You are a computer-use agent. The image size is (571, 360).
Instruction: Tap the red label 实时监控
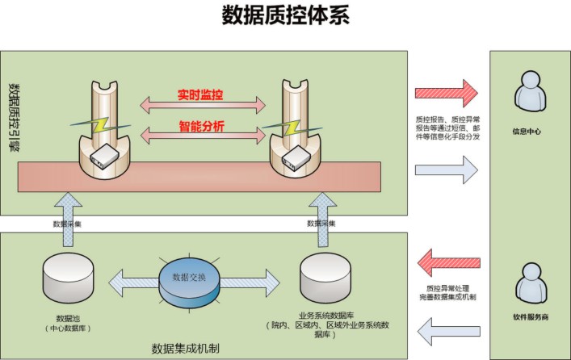(x=201, y=95)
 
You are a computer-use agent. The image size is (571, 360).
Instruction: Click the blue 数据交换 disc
(x=188, y=276)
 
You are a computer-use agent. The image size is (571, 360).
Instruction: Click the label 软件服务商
(x=530, y=318)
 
